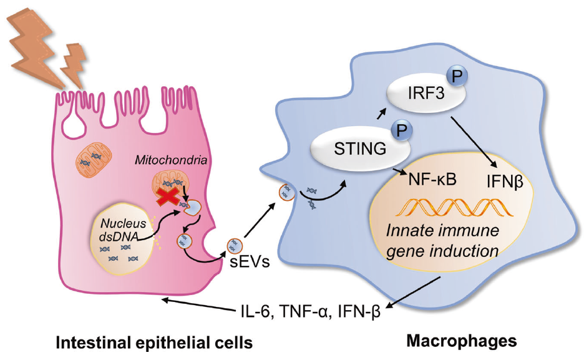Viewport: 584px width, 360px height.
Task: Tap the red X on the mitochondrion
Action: (170, 198)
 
